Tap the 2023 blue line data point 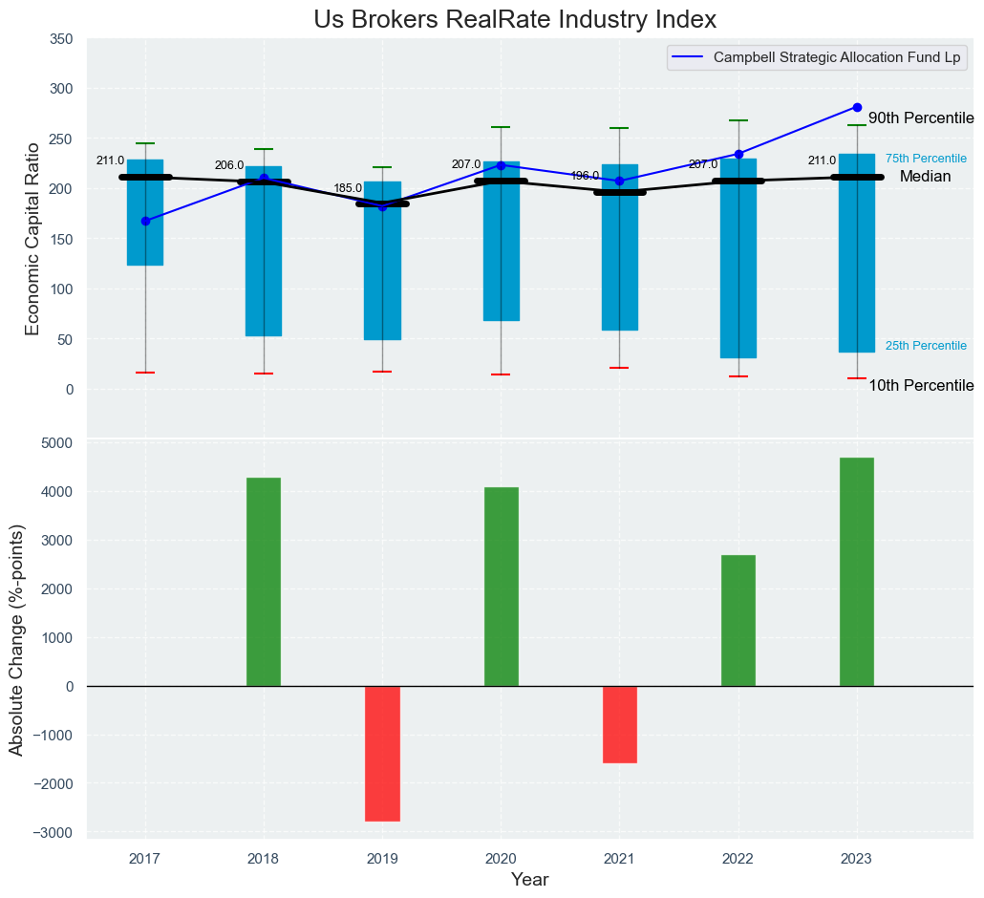[857, 107]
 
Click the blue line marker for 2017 [145, 221]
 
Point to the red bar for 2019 [382, 753]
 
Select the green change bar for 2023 [857, 571]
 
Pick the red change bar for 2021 [619, 724]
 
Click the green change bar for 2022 [738, 620]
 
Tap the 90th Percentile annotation [921, 118]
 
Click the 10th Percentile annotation [921, 386]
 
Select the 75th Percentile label [926, 159]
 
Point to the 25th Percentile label [926, 346]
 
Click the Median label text [925, 178]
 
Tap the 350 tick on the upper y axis [60, 39]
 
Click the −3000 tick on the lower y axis [54, 833]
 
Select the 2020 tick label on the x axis [501, 859]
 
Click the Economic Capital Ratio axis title [32, 238]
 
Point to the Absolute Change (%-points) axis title [16, 639]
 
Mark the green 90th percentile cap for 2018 [264, 149]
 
